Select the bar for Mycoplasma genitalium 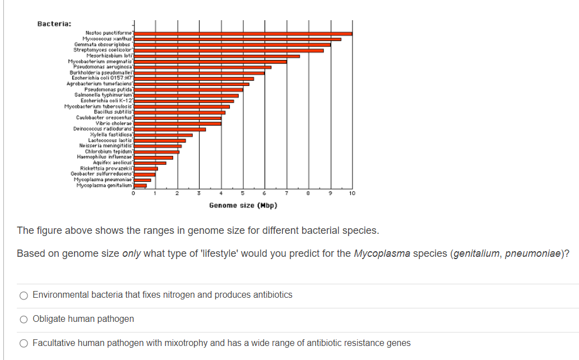point(140,185)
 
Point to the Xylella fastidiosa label point(110,135)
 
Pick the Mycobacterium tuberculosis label point(99,107)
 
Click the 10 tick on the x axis point(351,194)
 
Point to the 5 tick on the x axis point(243,194)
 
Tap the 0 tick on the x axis point(133,194)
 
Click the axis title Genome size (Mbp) point(243,205)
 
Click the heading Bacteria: point(54,24)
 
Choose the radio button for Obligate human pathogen point(24,319)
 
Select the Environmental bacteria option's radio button point(24,295)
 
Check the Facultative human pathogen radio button point(24,343)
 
